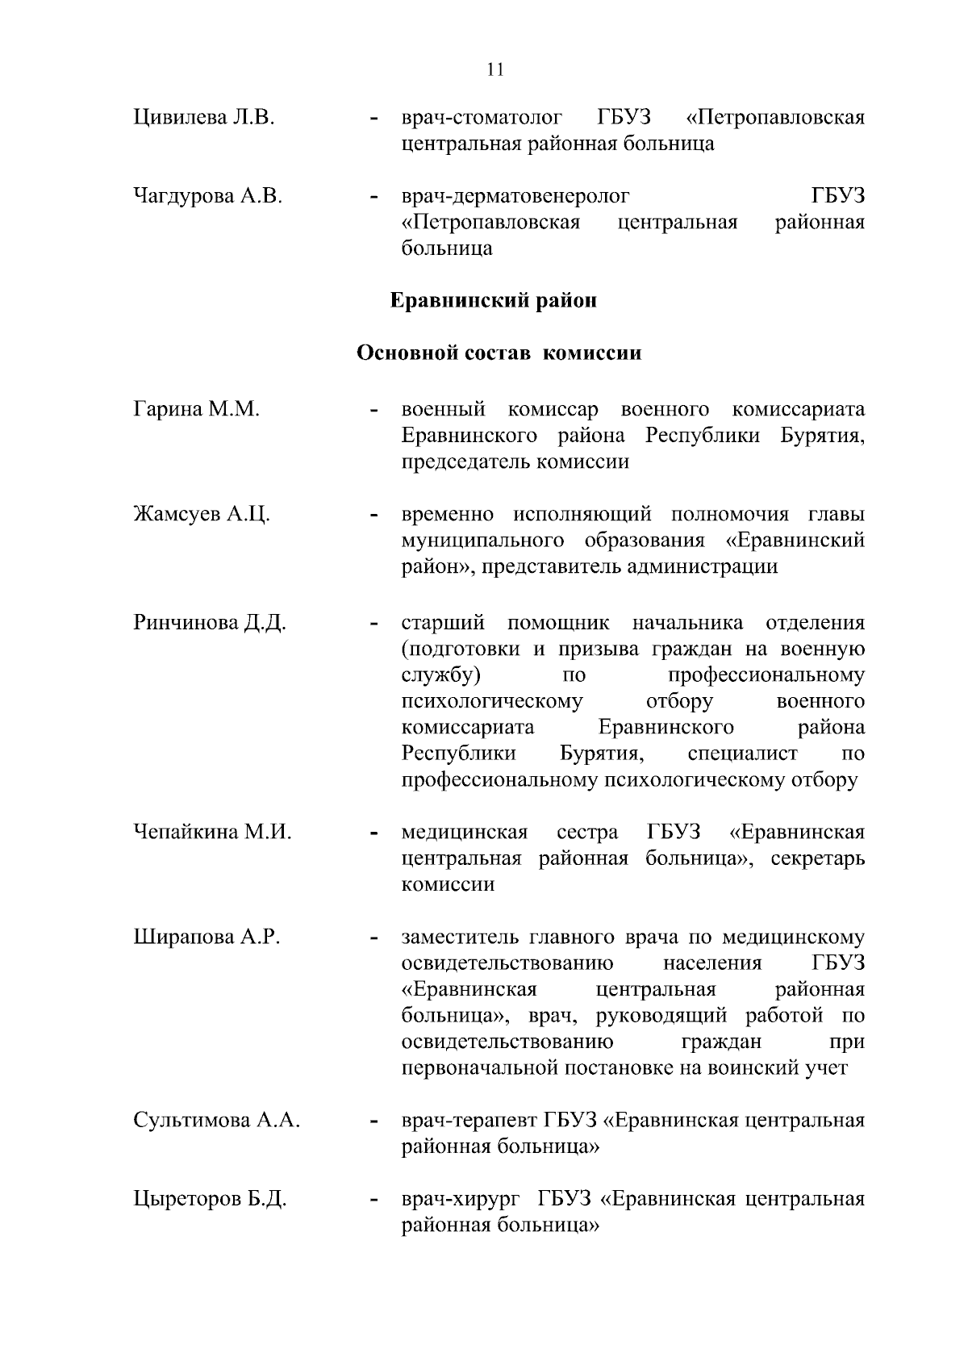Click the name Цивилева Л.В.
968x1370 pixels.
pos(204,118)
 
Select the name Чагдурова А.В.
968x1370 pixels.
pos(207,196)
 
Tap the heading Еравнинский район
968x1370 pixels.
pos(494,301)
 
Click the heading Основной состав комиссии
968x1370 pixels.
pos(499,353)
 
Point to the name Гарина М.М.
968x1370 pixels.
pos(196,410)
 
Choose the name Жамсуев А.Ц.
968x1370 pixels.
pos(202,515)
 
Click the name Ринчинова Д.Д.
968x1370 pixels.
pos(210,623)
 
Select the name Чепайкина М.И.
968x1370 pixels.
pos(212,832)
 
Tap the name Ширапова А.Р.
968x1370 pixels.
pos(207,937)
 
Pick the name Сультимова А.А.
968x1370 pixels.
pos(217,1121)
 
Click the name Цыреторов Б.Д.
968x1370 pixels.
pos(210,1199)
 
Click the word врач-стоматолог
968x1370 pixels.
pos(482,118)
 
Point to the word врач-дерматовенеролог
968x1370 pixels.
pos(515,196)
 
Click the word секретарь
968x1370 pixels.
pos(817,858)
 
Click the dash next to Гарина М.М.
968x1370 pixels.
pos(373,411)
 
